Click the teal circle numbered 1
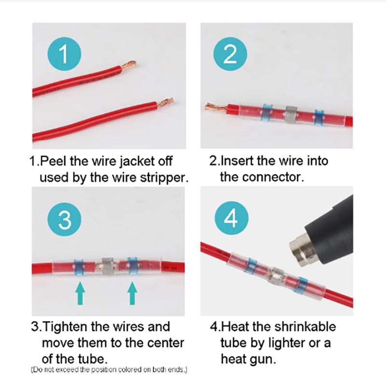64,54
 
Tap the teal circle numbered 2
230,54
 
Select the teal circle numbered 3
64,220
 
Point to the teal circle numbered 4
232,218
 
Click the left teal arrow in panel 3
80,293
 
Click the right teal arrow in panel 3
132,293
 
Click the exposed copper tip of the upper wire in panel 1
128,66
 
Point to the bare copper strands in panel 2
216,108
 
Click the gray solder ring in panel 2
291,114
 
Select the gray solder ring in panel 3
108,266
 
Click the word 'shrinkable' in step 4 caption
305,327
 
